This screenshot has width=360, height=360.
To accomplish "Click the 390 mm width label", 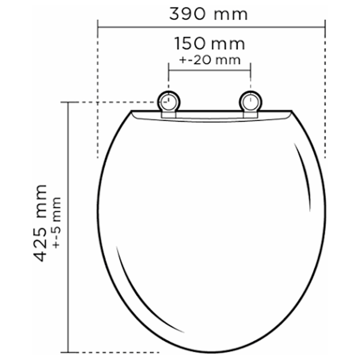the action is (208, 14).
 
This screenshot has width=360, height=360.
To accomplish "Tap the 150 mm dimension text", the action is (210, 44).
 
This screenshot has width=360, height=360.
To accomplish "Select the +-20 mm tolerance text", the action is (210, 60).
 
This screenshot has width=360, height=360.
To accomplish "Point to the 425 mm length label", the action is (40, 223).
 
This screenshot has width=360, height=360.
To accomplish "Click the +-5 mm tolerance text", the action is (57, 223).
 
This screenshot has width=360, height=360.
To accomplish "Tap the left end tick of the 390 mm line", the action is (98, 27).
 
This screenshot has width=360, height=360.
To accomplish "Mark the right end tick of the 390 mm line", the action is (325, 27).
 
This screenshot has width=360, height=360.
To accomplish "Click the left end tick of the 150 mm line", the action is (169, 70).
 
